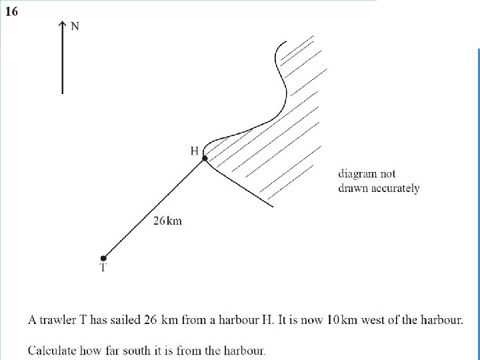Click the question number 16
12,12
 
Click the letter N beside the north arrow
75,26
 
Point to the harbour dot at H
205,158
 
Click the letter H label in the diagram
195,151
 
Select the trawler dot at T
103,258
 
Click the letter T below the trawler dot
103,269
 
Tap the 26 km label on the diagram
167,221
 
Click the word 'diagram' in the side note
357,174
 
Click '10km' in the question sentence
339,320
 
